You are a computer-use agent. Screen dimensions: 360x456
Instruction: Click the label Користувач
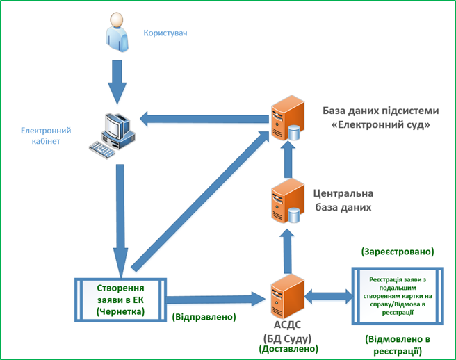tap(165, 33)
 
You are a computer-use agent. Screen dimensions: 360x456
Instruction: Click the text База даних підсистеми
tap(380, 111)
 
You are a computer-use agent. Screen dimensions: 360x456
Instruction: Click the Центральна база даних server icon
tap(286, 202)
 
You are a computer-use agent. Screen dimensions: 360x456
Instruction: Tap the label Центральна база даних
tap(344, 199)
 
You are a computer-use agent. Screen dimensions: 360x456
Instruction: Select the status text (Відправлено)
tap(203, 317)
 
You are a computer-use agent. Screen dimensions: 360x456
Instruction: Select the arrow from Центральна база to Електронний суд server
tap(286, 161)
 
